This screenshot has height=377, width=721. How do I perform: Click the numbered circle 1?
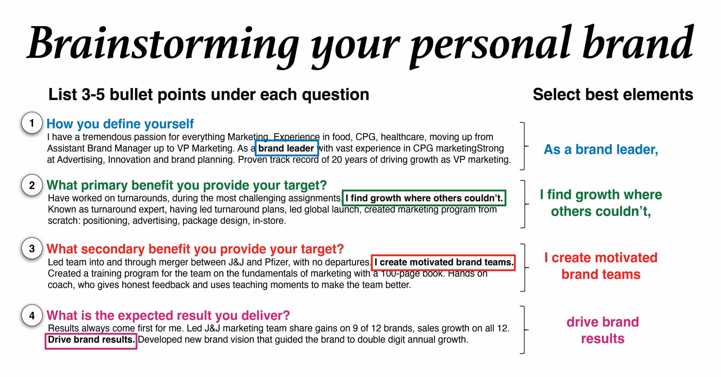point(32,123)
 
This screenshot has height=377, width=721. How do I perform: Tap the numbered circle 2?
point(32,185)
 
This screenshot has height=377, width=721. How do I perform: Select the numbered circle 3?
point(32,249)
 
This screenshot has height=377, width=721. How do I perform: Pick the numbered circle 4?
point(32,315)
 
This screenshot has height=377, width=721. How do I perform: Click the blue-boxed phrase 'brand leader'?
point(286,148)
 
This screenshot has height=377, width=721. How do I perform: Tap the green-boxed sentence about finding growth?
point(424,198)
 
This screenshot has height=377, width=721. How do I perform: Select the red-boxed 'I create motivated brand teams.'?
point(444,262)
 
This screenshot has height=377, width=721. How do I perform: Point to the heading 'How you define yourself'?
point(120,124)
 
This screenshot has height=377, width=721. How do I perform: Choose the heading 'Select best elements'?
point(613,95)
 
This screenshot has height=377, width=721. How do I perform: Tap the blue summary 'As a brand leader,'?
point(601,149)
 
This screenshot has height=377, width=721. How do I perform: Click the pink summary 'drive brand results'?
point(603,330)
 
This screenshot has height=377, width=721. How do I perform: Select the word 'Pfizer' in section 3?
point(277,262)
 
